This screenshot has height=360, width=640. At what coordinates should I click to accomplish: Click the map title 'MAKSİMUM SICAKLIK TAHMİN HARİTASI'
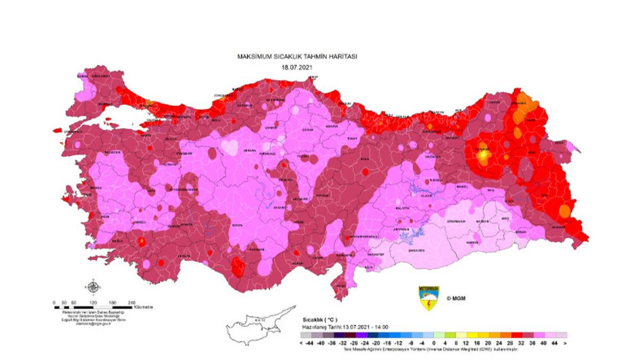(297, 56)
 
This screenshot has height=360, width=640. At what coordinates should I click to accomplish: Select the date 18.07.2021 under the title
(296, 67)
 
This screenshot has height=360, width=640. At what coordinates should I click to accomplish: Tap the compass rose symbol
(93, 287)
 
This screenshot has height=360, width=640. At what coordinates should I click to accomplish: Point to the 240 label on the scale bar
(131, 302)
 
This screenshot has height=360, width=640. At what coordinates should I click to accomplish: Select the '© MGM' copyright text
(456, 298)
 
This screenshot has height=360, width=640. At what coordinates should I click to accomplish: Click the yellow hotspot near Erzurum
(483, 156)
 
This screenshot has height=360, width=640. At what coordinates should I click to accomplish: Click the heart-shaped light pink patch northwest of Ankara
(229, 147)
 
